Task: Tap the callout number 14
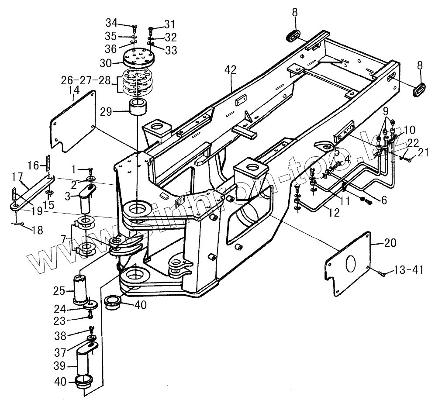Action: point(73,90)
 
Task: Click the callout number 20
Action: point(390,242)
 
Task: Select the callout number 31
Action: point(169,23)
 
